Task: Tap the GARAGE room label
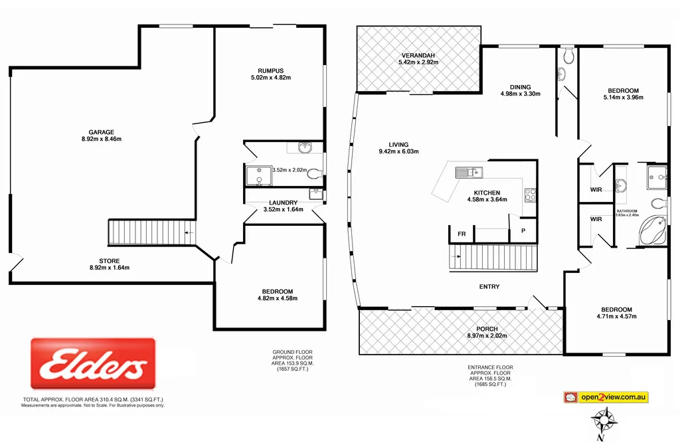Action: pos(102,132)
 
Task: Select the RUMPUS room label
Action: pos(270,70)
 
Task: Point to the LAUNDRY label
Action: pos(283,203)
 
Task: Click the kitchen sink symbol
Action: pos(468,173)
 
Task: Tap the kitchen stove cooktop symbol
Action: pos(531,195)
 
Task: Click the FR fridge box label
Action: pos(461,234)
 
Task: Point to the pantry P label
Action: pos(523,231)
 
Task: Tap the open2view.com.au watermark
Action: pos(613,397)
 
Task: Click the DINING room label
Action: pos(520,86)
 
